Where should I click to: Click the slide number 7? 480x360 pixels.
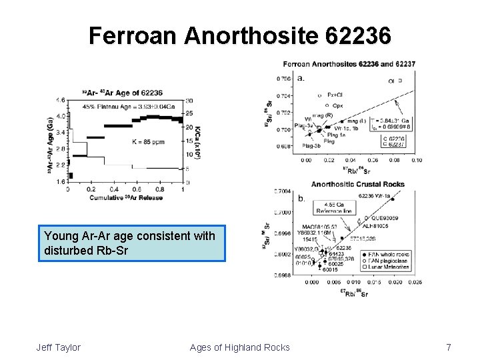pos(449,347)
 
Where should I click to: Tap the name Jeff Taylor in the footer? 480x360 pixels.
pos(59,347)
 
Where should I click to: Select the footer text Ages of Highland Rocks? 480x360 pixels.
pos(239,347)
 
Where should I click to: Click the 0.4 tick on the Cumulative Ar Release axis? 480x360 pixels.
pos(114,189)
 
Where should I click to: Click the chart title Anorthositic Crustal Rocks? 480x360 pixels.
pos(358,185)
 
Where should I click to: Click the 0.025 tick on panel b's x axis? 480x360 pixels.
pos(415,282)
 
